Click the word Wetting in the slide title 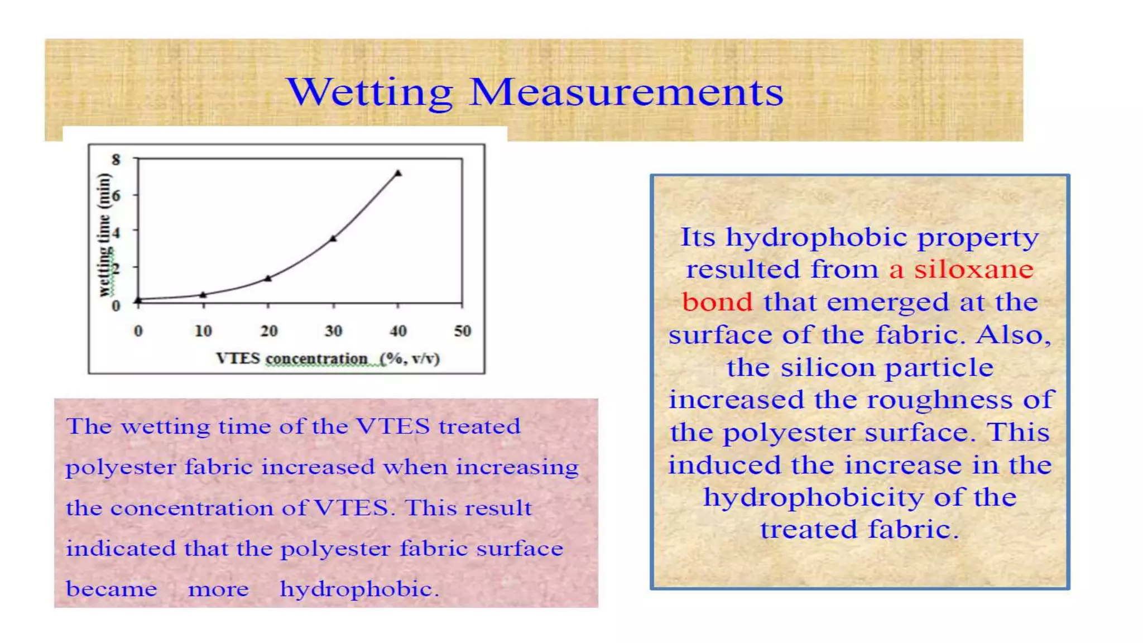pyautogui.click(x=369, y=93)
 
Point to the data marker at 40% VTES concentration pyautogui.click(x=398, y=173)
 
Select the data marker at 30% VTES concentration pyautogui.click(x=333, y=238)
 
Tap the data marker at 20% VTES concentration pyautogui.click(x=268, y=278)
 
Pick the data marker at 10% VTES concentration pyautogui.click(x=203, y=294)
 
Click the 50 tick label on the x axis pyautogui.click(x=462, y=331)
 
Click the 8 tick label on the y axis pyautogui.click(x=116, y=160)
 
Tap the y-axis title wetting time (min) pyautogui.click(x=104, y=235)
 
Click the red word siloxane pyautogui.click(x=974, y=270)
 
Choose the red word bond pyautogui.click(x=717, y=303)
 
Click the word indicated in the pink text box pyautogui.click(x=121, y=548)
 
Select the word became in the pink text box pyautogui.click(x=112, y=589)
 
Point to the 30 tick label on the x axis pyautogui.click(x=333, y=331)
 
